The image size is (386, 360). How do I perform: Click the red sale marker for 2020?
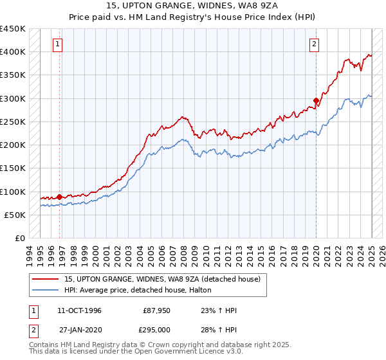coord(316,100)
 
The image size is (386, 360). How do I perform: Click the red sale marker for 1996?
coord(59,197)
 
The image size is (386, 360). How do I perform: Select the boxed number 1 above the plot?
coord(58,44)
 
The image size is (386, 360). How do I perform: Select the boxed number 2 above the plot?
coord(314,44)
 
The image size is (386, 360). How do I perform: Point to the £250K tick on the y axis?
coord(13,122)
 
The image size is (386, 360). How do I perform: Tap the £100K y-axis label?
coord(13,192)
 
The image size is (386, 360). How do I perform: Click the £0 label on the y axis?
coord(19,239)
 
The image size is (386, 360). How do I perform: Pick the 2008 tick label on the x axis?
coord(187,254)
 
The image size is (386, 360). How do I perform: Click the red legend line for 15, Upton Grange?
coord(46,280)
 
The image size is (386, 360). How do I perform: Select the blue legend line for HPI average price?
coord(46,291)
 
